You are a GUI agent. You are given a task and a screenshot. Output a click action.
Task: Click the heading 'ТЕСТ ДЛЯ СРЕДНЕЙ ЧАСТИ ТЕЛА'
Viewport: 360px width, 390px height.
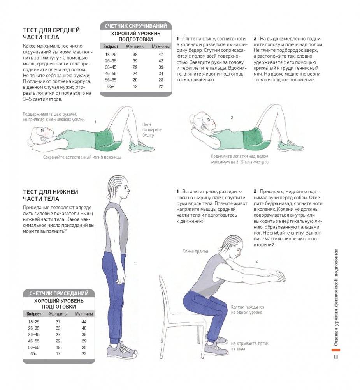tap(51, 34)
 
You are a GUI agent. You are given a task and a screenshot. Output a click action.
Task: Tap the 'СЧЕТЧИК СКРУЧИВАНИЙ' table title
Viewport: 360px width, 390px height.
tap(136, 26)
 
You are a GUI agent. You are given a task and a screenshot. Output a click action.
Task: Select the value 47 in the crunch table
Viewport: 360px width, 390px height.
tap(161, 55)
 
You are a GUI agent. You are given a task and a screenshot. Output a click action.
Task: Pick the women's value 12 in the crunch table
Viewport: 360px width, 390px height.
tap(135, 86)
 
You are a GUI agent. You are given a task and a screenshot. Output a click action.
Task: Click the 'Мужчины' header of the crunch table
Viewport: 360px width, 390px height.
tap(160, 46)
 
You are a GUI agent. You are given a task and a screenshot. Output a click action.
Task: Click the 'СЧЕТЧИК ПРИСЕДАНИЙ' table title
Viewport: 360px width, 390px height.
tap(59, 293)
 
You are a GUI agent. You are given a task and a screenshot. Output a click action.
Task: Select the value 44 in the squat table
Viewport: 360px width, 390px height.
tap(84, 321)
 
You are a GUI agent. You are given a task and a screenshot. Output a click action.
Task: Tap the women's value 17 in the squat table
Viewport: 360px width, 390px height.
tap(58, 353)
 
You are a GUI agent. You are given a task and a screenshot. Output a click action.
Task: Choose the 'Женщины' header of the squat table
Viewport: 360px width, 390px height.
tap(58, 314)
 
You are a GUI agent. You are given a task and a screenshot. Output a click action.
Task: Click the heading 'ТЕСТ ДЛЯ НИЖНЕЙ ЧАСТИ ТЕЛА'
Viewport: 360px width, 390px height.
tap(51, 195)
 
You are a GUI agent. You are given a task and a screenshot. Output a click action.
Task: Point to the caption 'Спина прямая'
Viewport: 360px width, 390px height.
tap(195, 251)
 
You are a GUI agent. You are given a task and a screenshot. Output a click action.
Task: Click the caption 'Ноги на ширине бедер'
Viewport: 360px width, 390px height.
tap(152, 130)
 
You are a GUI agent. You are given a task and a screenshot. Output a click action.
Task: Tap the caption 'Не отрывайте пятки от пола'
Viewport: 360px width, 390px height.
tap(249, 346)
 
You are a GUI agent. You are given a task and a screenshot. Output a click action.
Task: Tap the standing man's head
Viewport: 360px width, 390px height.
tap(119, 188)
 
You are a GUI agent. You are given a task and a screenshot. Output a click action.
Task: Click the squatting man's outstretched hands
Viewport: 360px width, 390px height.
tap(277, 275)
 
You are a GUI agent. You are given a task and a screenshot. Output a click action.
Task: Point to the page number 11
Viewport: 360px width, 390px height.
tap(336, 356)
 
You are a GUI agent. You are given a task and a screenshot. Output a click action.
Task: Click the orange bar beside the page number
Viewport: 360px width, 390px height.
tap(336, 350)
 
